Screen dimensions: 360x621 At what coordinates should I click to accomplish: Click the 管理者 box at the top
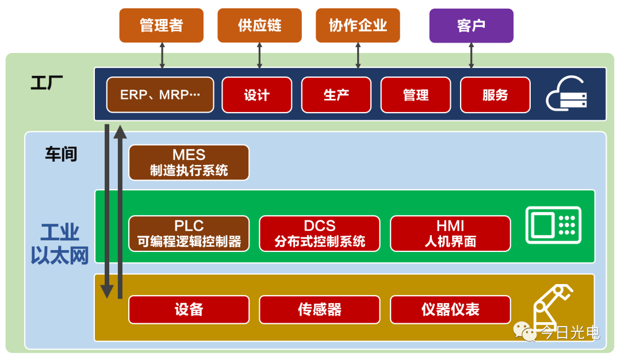pyautogui.click(x=161, y=25)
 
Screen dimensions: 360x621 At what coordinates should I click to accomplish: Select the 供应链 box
pyautogui.click(x=260, y=25)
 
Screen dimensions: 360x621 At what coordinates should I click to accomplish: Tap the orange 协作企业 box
pyautogui.click(x=358, y=25)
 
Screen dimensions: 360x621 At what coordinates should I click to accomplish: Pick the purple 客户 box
pyautogui.click(x=471, y=25)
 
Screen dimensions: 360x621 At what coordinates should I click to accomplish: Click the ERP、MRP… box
pyautogui.click(x=160, y=95)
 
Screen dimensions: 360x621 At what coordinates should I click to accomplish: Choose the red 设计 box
pyautogui.click(x=256, y=95)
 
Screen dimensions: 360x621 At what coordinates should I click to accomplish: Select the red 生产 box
pyautogui.click(x=336, y=95)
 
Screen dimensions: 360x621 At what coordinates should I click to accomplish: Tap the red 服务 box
pyautogui.click(x=495, y=95)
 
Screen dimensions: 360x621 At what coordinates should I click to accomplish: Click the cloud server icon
pyautogui.click(x=566, y=94)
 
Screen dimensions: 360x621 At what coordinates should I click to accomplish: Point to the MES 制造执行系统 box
pyautogui.click(x=189, y=162)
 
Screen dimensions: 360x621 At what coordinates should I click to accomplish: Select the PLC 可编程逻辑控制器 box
pyautogui.click(x=189, y=233)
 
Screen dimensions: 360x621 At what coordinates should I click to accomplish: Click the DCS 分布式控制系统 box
pyautogui.click(x=320, y=233)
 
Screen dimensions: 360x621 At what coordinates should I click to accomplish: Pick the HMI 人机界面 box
pyautogui.click(x=450, y=233)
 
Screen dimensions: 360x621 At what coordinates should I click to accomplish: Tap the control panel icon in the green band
pyautogui.click(x=553, y=225)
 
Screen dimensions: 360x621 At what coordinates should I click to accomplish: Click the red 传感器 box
pyautogui.click(x=320, y=309)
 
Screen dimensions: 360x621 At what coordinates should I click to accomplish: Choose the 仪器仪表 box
pyautogui.click(x=450, y=309)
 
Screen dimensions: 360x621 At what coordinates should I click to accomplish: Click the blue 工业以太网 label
pyautogui.click(x=60, y=244)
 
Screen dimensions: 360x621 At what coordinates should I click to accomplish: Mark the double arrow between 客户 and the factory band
pyautogui.click(x=471, y=55)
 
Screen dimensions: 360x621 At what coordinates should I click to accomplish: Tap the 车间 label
pyautogui.click(x=61, y=154)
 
